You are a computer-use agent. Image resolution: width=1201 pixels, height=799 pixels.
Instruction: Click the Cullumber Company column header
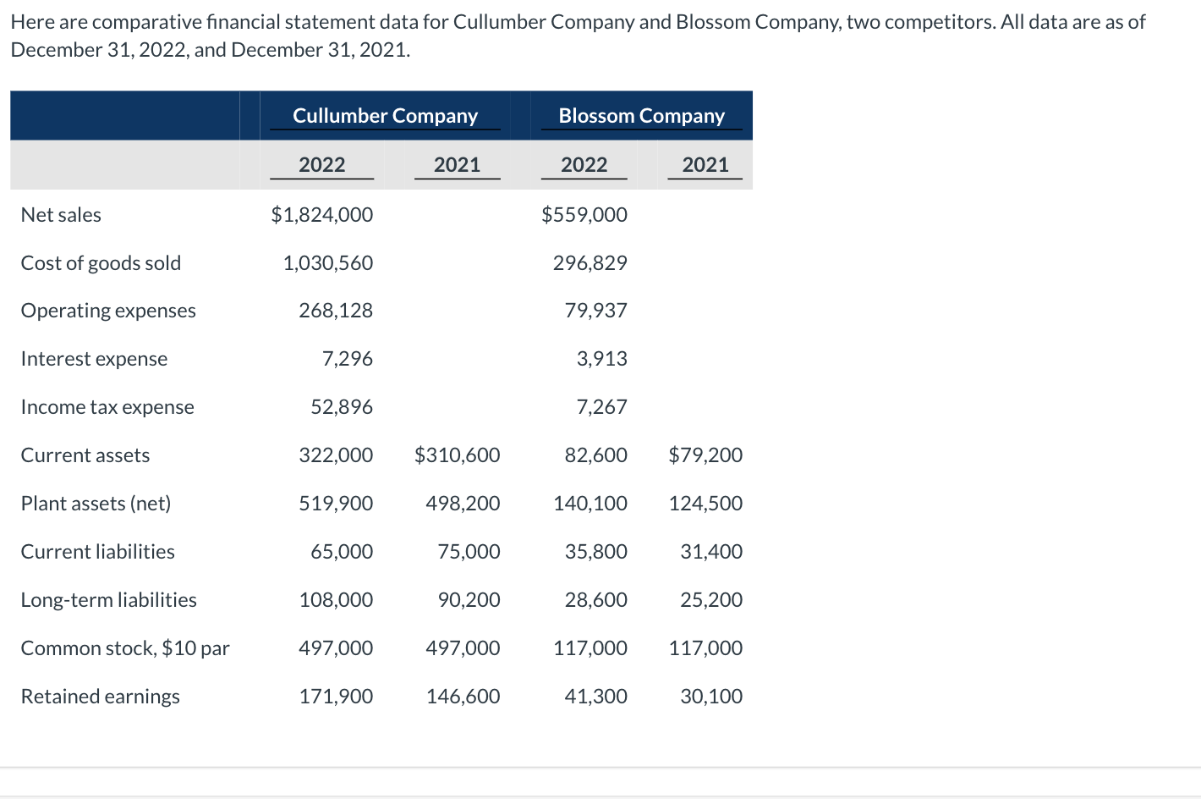(x=385, y=116)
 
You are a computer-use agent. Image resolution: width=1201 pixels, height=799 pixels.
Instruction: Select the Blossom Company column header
(x=641, y=116)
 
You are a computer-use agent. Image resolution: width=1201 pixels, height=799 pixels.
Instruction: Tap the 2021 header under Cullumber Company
(x=457, y=165)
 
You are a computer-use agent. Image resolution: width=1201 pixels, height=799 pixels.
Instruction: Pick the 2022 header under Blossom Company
(x=584, y=165)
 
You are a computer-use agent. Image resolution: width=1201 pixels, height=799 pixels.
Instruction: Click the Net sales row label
(x=61, y=215)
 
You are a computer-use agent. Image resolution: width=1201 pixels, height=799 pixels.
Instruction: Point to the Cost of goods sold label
(x=101, y=263)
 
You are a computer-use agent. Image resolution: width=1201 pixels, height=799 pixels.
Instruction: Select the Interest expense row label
(x=94, y=359)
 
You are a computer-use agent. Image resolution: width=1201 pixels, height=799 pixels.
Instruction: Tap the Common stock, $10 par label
(x=125, y=648)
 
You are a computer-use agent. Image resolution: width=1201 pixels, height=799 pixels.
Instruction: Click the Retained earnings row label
(x=100, y=697)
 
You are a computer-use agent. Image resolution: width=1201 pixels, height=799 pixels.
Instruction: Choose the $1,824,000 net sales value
(x=321, y=215)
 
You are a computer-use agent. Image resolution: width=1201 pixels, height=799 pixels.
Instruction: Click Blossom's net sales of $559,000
(x=584, y=215)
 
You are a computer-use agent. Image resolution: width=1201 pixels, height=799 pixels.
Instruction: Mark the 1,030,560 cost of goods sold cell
(x=327, y=263)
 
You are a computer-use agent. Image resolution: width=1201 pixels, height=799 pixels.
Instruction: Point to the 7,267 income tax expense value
(x=601, y=407)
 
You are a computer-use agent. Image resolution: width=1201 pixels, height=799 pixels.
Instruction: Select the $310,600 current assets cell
(x=457, y=455)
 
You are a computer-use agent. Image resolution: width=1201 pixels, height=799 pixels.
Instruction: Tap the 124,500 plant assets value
(x=705, y=504)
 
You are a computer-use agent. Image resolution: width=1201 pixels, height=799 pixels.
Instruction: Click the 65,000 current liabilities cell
(x=341, y=552)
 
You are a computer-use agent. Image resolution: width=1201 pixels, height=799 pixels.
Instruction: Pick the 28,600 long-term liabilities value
(x=595, y=600)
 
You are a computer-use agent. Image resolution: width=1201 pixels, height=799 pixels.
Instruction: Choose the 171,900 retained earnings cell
(x=336, y=697)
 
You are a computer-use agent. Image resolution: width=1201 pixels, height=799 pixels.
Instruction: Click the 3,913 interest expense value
(x=601, y=359)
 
